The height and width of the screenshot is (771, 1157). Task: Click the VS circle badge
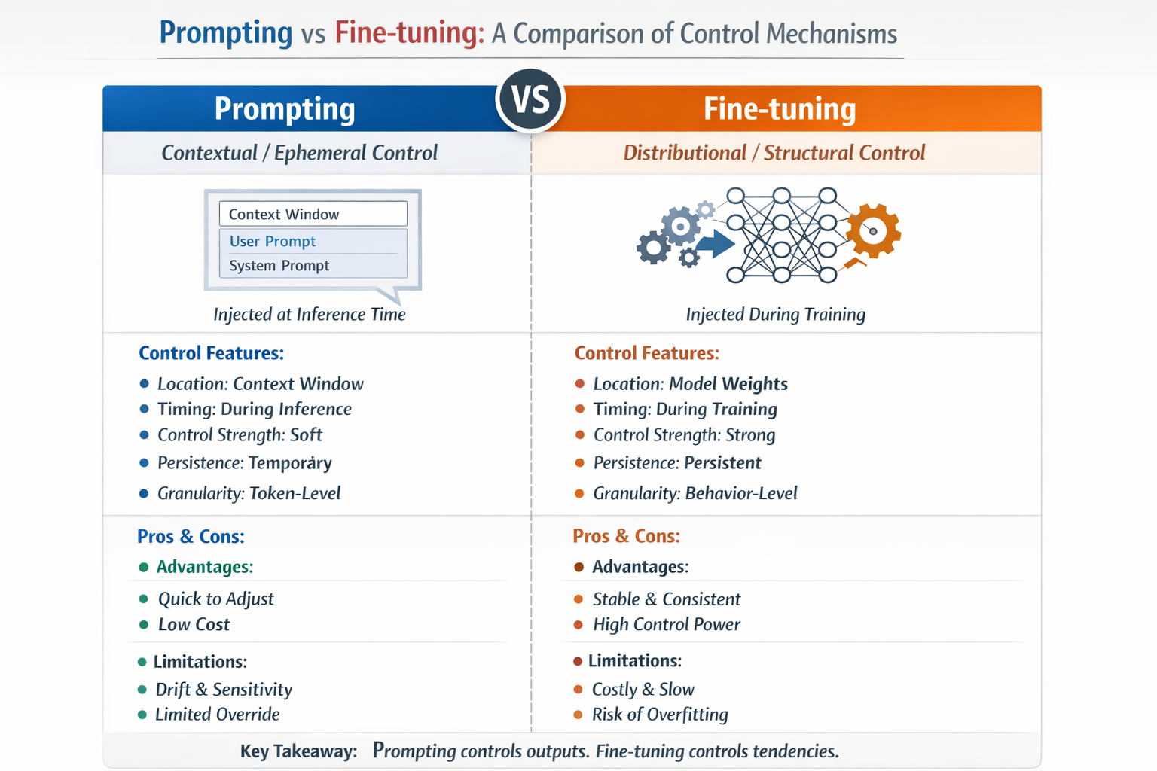pyautogui.click(x=530, y=99)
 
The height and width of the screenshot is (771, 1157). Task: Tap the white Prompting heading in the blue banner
pyautogui.click(x=285, y=109)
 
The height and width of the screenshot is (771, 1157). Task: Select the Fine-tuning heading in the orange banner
pyautogui.click(x=780, y=109)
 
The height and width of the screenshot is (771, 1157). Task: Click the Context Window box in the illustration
pyautogui.click(x=313, y=214)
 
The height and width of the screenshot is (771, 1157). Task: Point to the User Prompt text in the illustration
pyautogui.click(x=272, y=241)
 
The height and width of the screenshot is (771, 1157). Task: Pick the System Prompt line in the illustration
pyautogui.click(x=279, y=266)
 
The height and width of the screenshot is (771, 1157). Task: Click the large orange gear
pyautogui.click(x=874, y=231)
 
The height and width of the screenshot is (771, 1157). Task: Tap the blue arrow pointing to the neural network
pyautogui.click(x=716, y=243)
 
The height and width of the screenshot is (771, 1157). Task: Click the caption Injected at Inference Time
pyautogui.click(x=310, y=314)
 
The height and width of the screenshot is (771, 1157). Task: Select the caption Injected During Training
pyautogui.click(x=775, y=314)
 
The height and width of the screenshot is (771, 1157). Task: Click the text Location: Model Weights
pyautogui.click(x=690, y=384)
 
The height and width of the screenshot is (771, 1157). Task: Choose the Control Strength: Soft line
pyautogui.click(x=240, y=435)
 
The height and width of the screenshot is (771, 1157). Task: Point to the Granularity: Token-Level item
pyautogui.click(x=249, y=493)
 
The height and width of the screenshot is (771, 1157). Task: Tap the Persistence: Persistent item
pyautogui.click(x=677, y=463)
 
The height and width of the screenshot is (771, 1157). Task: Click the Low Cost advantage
pyautogui.click(x=194, y=624)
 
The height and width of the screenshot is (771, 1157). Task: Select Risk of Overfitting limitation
pyautogui.click(x=660, y=715)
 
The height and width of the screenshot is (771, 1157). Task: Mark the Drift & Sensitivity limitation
pyautogui.click(x=224, y=690)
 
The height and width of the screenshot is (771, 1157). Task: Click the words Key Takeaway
pyautogui.click(x=298, y=751)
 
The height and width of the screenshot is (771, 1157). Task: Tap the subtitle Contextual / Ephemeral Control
pyautogui.click(x=299, y=153)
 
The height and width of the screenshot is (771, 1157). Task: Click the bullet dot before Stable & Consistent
pyautogui.click(x=578, y=599)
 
